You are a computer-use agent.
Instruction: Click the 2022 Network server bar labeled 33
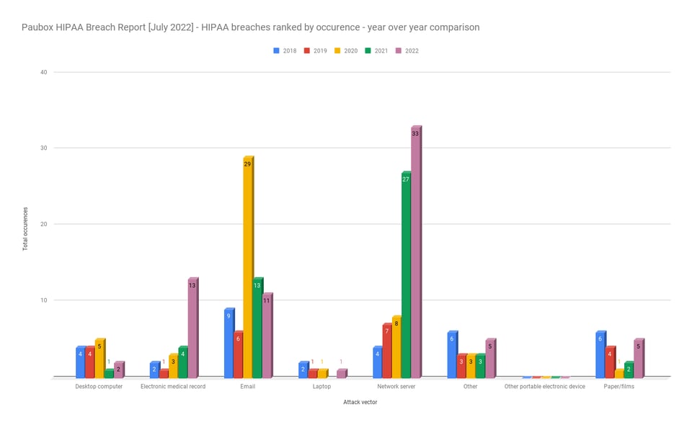point(415,252)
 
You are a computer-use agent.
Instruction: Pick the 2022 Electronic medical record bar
point(192,328)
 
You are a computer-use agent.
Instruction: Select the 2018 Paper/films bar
point(600,354)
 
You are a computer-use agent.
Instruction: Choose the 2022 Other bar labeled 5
point(489,359)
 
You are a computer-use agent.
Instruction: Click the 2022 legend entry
point(408,51)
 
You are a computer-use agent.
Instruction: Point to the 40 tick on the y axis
point(43,72)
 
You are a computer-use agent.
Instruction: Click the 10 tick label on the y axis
point(43,300)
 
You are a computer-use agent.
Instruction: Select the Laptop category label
point(321,387)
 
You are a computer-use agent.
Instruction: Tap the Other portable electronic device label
point(544,387)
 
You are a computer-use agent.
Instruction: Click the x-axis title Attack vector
point(360,403)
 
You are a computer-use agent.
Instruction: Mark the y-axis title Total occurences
point(25,225)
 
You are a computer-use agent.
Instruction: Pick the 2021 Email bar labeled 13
point(257,328)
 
